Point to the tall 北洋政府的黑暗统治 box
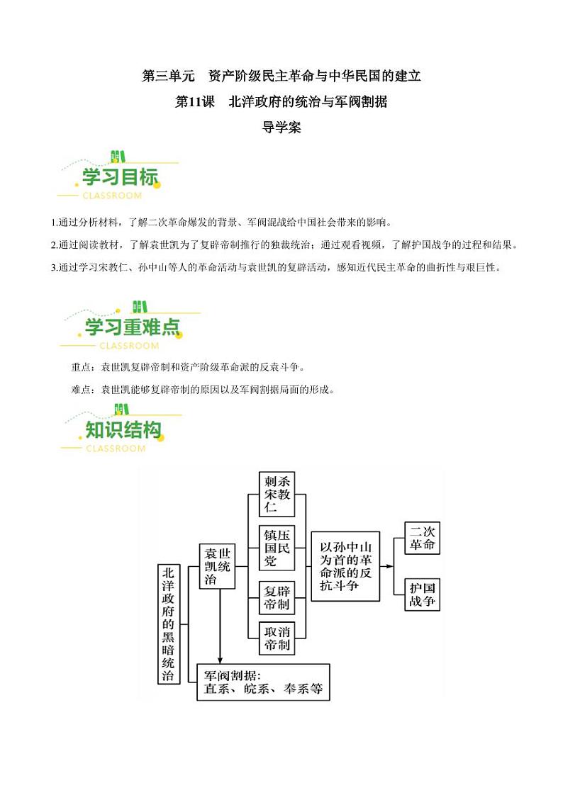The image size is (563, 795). click(x=168, y=624)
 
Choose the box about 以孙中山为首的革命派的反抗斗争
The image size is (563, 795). click(x=345, y=567)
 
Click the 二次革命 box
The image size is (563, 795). click(x=422, y=538)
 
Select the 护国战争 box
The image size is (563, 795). click(x=422, y=594)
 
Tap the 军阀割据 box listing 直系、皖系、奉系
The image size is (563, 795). click(x=264, y=682)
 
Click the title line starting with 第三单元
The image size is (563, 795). click(x=281, y=76)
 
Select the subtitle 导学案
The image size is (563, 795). click(x=281, y=128)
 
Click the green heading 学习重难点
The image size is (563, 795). click(x=133, y=327)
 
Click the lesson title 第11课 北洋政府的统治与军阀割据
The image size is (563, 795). click(x=281, y=102)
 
